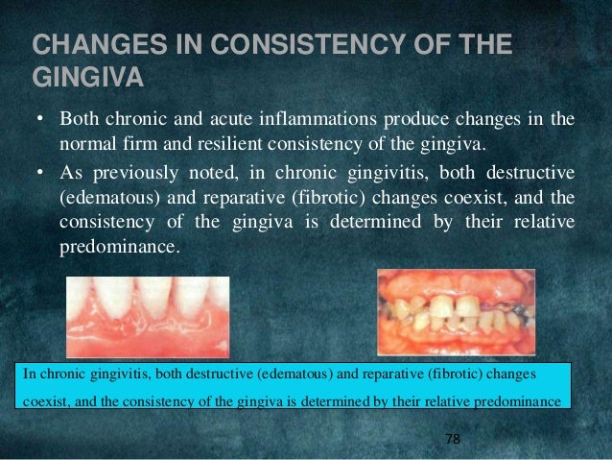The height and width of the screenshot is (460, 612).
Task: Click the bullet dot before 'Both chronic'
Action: pos(40,121)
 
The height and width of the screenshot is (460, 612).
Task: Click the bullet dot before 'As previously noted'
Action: pos(40,173)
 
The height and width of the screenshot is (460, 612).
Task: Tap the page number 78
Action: pos(453,439)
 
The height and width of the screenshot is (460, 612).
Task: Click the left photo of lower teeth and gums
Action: pos(148,316)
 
